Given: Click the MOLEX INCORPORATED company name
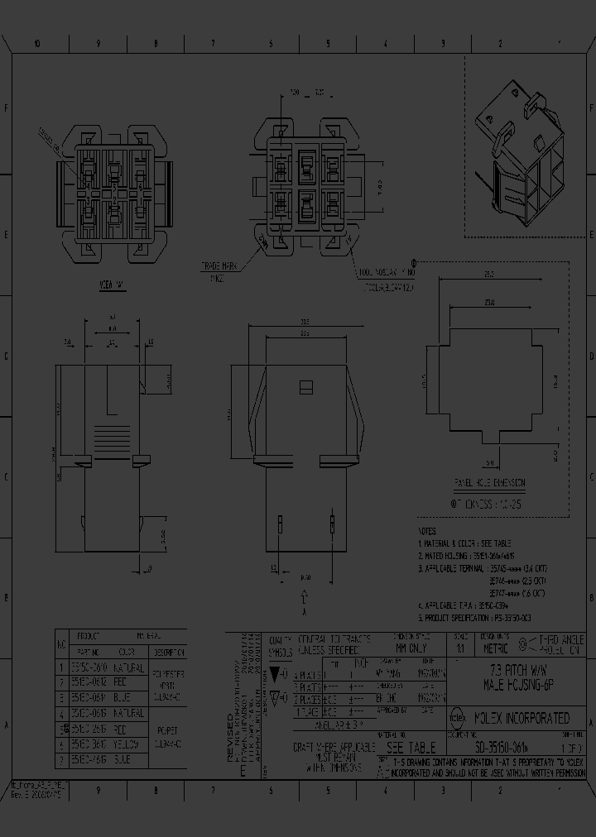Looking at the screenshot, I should pos(521,718).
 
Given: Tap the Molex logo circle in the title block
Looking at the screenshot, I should pos(458,718).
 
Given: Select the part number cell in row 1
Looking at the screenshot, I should pos(88,667).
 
